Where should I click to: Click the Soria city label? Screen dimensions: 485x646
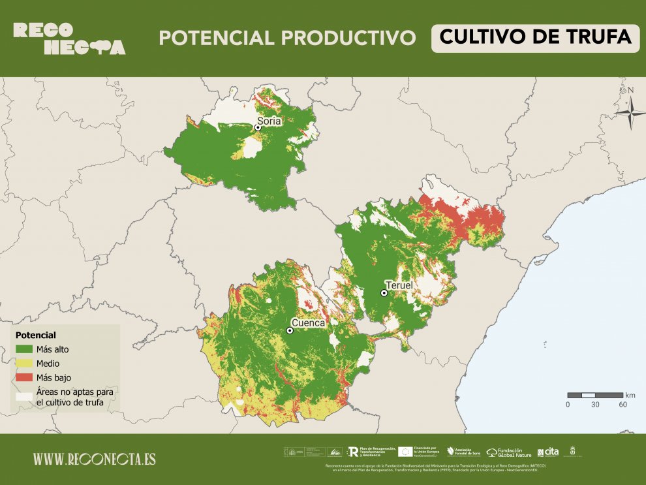tap(269, 121)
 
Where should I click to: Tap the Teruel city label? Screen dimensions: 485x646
tap(399, 286)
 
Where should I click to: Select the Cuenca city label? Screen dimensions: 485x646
tap(308, 322)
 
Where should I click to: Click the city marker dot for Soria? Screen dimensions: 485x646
tap(258, 128)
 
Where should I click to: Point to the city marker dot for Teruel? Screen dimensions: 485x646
tap(384, 293)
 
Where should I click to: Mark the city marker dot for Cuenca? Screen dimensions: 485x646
tap(290, 331)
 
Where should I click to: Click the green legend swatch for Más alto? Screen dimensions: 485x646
tap(24, 349)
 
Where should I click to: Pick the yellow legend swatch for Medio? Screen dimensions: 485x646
tap(24, 363)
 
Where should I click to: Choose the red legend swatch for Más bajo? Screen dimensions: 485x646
tap(24, 377)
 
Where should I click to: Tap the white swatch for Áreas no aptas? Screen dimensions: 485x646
tap(24, 396)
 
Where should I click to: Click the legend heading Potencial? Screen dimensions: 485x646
tap(35, 335)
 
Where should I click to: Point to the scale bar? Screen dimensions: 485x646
tap(594, 395)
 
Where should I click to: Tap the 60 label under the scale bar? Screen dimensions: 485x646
tap(623, 405)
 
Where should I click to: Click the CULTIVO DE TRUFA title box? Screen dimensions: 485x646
tap(535, 37)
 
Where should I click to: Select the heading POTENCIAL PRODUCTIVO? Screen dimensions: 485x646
tap(287, 38)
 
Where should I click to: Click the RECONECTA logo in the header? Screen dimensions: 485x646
tap(69, 39)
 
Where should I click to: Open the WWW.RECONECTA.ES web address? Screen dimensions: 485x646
tap(95, 459)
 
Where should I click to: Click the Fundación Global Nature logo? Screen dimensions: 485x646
tap(509, 452)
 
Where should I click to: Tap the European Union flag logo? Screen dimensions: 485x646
tap(405, 451)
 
